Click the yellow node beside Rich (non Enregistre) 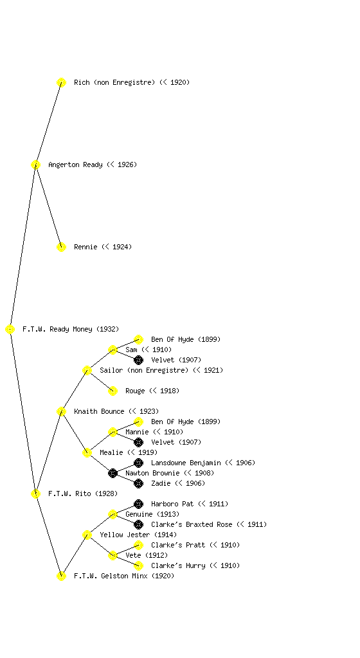(61, 82)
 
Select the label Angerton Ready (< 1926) (93, 164)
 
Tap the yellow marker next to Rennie (61, 247)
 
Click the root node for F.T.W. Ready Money (10, 329)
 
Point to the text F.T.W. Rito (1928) (83, 493)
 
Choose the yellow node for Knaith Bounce (61, 411)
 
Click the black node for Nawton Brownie (113, 473)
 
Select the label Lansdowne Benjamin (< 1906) (203, 463)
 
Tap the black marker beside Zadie (138, 483)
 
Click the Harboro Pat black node (138, 504)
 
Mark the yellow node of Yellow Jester (87, 535)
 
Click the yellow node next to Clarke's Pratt (138, 545)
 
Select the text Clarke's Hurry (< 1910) (195, 565)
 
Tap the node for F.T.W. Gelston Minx (61, 576)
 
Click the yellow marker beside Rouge (113, 391)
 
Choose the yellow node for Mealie (87, 452)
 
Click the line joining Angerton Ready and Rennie (49, 206)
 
